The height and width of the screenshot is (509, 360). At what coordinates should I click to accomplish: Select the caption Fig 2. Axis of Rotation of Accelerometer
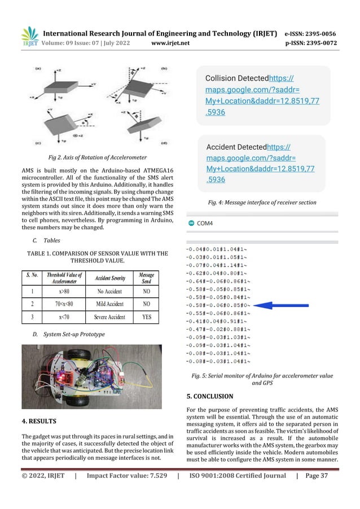point(98,156)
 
